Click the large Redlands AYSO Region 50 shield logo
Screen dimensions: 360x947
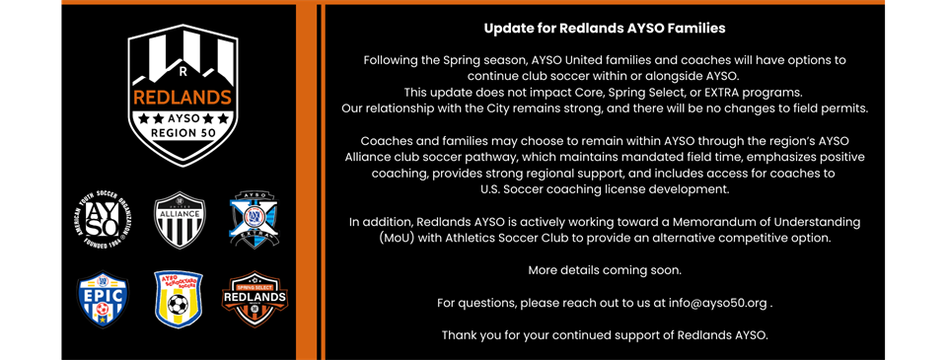[182, 94]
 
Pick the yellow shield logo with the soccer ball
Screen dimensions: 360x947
[179, 300]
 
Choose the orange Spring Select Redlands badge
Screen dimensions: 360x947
[255, 300]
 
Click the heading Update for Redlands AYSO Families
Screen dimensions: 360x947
[605, 29]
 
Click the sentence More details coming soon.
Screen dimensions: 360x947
[605, 269]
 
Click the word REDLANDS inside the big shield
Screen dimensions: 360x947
[182, 98]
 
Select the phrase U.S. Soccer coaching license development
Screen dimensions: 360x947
[605, 188]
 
